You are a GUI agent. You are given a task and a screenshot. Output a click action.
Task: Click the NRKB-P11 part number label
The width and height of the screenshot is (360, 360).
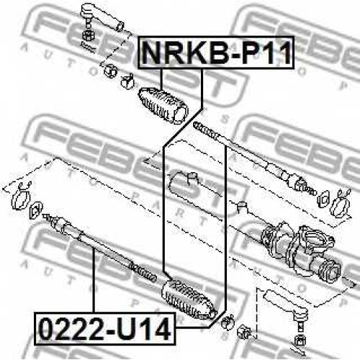pos(216,53)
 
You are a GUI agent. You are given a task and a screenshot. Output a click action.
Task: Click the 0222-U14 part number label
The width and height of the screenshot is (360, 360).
pos(105,328)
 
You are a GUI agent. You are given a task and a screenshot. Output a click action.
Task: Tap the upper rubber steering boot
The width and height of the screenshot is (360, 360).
pos(163,106)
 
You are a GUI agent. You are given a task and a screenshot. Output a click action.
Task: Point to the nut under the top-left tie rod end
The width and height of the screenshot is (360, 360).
pos(88,35)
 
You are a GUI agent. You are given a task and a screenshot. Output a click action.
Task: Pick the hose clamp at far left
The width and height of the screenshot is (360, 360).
pos(21,197)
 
